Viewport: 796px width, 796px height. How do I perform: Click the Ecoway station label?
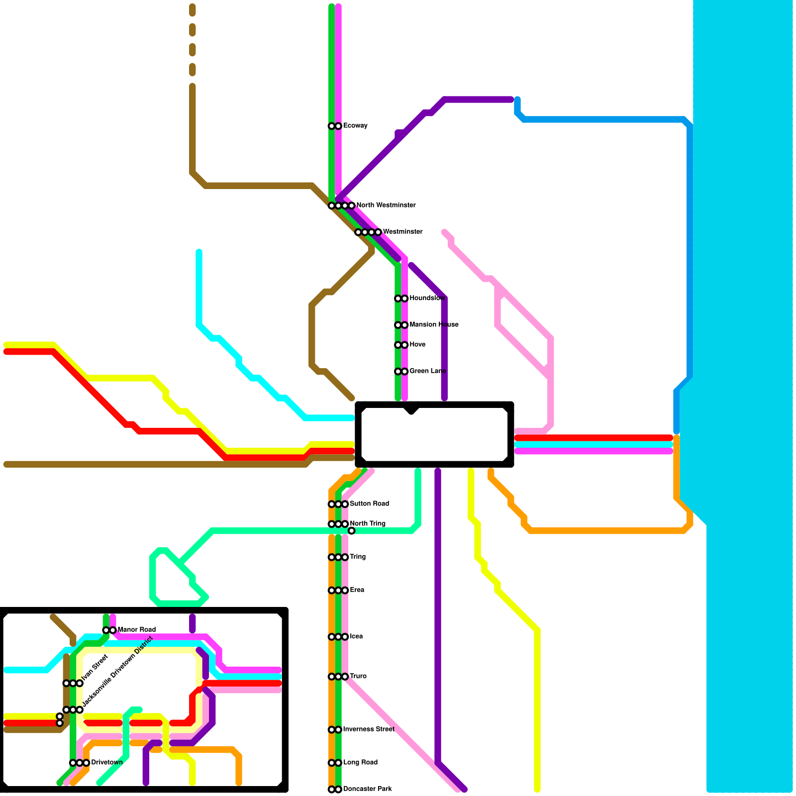[x=355, y=125]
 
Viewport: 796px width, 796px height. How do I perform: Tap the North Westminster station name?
[x=386, y=205]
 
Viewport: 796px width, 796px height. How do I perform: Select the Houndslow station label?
[x=427, y=298]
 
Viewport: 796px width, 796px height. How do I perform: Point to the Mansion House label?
[x=434, y=324]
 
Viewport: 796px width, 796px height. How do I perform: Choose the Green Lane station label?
[x=427, y=371]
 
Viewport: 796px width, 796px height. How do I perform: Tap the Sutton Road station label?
[x=369, y=503]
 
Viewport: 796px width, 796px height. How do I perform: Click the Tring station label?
[x=358, y=557]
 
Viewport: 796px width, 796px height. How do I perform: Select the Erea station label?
[x=357, y=590]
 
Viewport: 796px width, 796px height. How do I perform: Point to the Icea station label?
[x=356, y=636]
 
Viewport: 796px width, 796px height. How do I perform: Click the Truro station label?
[x=358, y=676]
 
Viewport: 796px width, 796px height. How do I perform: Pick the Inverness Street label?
[x=368, y=729]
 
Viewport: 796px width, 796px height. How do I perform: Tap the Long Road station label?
[x=360, y=762]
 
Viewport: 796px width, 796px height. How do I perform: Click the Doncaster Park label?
[x=367, y=789]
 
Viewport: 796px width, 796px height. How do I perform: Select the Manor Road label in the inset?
[x=136, y=629]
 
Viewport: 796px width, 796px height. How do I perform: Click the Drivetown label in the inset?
[x=106, y=762]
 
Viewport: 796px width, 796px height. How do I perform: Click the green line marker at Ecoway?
[x=331, y=126]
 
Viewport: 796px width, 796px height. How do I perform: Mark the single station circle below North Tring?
[x=351, y=531]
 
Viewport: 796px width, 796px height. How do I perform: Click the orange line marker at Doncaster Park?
[x=331, y=790]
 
